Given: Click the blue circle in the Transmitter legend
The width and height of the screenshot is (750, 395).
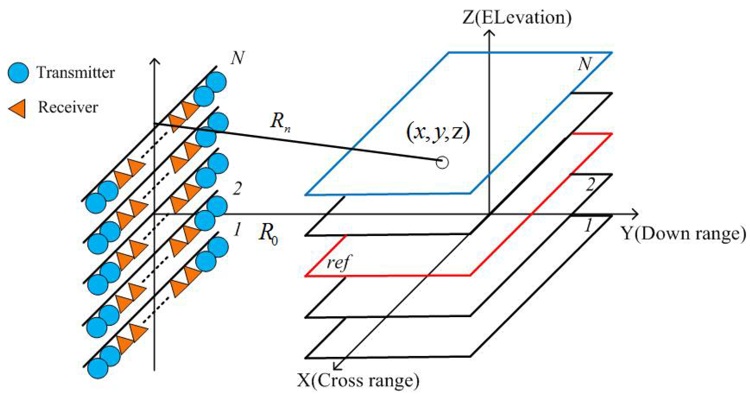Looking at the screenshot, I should [18, 73].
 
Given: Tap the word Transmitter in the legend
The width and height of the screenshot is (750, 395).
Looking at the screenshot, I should [75, 73].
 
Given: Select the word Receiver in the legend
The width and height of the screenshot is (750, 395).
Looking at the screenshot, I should [68, 107].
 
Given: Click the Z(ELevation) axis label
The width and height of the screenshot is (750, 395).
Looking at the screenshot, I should [517, 17].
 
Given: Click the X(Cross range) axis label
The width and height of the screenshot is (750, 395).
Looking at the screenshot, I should [358, 381].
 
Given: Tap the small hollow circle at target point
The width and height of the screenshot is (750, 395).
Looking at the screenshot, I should [442, 162].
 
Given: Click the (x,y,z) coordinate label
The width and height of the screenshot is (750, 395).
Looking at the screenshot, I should [438, 133].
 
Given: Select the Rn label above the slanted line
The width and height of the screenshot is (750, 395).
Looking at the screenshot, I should [280, 122].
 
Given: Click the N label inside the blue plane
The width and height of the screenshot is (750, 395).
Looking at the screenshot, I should [585, 64].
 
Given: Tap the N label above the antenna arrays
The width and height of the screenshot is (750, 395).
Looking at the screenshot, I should [238, 58].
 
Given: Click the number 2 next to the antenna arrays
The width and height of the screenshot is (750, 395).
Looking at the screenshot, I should [237, 189].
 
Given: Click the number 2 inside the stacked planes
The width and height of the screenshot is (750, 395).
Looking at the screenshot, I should [590, 184].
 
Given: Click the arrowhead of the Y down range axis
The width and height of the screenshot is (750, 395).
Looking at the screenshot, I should [634, 214].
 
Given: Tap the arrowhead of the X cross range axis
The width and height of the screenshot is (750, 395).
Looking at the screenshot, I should [337, 366].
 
